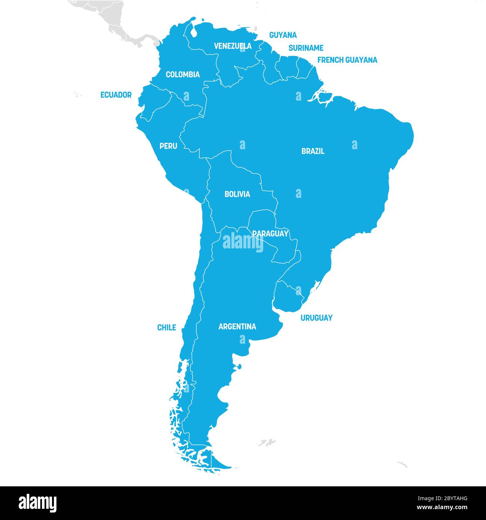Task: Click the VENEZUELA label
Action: click(x=233, y=46)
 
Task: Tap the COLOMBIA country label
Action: click(x=182, y=74)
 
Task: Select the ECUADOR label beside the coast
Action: click(x=116, y=95)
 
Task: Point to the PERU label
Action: click(x=168, y=146)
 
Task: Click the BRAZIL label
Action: click(x=313, y=151)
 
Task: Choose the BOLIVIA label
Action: click(x=237, y=194)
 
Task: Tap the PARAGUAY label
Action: click(x=270, y=233)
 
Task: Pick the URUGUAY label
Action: click(x=316, y=318)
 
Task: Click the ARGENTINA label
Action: click(x=237, y=327)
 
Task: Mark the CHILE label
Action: click(x=166, y=328)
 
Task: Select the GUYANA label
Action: click(x=283, y=35)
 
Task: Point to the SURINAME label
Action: click(x=306, y=48)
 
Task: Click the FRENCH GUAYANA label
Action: click(x=347, y=60)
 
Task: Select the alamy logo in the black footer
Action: click(x=38, y=503)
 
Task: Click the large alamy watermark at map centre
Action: click(x=243, y=242)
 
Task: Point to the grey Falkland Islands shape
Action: click(x=267, y=443)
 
